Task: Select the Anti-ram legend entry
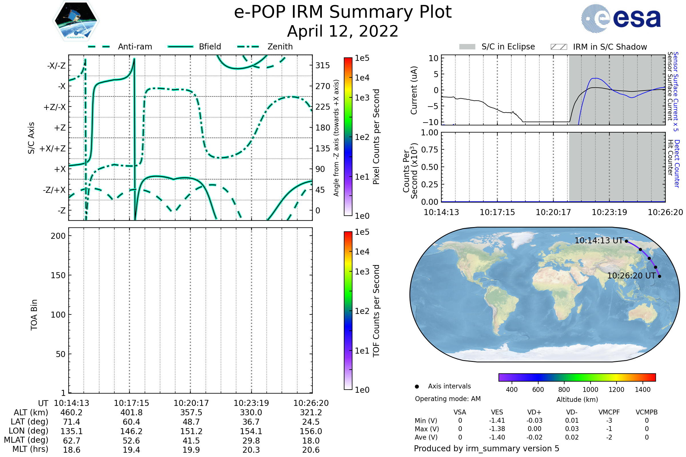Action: click(135, 47)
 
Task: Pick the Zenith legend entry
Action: click(280, 47)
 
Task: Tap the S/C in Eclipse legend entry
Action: click(508, 47)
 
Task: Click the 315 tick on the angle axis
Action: click(322, 65)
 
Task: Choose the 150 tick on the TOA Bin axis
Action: click(58, 275)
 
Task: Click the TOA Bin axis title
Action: click(34, 314)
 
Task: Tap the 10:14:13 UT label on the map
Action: click(599, 241)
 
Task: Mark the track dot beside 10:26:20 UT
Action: click(659, 276)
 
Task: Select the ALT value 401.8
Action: click(131, 412)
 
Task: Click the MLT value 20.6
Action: click(311, 450)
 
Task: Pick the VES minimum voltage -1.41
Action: click(497, 420)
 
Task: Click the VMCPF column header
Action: click(609, 412)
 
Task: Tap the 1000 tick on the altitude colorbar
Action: click(590, 390)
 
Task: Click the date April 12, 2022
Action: click(343, 31)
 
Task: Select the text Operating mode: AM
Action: click(448, 399)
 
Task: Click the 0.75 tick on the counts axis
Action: click(430, 150)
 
